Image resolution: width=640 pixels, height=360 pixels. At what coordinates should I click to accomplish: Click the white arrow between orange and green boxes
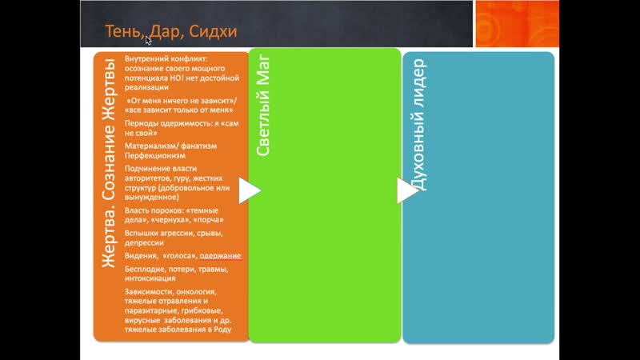click(x=250, y=190)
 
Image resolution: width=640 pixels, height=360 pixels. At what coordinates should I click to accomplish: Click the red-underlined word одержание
click(x=220, y=255)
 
